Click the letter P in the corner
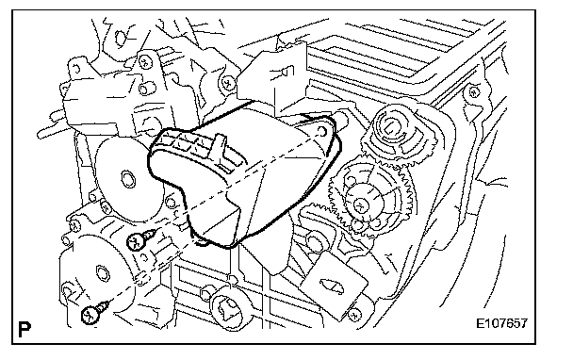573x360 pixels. pos(25,329)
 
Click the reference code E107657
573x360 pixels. pos(501,323)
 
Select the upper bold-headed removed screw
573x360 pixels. pos(139,239)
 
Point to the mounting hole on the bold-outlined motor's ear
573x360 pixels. pos(322,130)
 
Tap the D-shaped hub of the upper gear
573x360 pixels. pos(390,127)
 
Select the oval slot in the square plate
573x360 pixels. pos(332,286)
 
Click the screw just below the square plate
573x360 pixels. pos(353,315)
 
